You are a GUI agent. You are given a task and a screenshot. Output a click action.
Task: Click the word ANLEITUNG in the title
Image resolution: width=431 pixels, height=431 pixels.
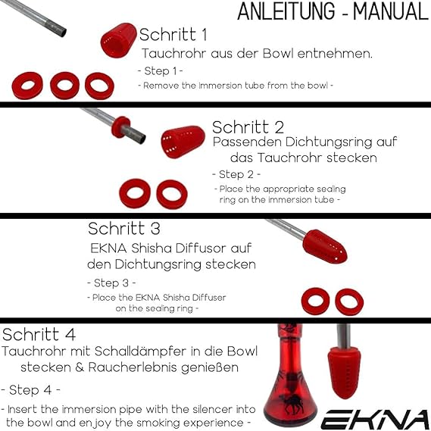point(286,11)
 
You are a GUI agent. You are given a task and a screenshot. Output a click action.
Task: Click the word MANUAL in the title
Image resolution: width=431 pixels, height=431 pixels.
point(391,11)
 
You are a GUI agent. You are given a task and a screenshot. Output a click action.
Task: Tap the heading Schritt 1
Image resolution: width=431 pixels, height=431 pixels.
point(173,35)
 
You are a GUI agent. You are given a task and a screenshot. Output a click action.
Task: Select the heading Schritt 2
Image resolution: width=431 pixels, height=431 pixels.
point(248,127)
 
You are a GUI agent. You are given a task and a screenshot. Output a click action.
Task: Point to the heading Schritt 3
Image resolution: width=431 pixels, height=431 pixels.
point(124,229)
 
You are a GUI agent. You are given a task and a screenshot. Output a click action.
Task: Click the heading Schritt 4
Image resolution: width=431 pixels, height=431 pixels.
point(39,335)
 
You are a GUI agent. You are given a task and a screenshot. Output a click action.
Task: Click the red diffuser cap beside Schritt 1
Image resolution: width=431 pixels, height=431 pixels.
point(119,40)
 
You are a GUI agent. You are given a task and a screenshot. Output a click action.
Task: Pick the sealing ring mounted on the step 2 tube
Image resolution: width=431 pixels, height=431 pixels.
point(120,126)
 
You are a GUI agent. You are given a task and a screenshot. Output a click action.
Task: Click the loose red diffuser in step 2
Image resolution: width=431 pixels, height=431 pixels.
point(183,142)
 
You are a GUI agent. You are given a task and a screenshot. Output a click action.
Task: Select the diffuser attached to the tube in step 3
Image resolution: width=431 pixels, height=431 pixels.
point(325,247)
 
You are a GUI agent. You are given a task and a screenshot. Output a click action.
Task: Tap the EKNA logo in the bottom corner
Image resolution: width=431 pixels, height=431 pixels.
point(376,419)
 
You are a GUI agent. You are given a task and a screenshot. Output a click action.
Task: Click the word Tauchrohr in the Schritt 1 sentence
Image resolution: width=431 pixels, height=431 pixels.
point(173,53)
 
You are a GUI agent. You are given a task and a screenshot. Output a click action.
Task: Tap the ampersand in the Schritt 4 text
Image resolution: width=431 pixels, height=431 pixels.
point(80,367)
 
